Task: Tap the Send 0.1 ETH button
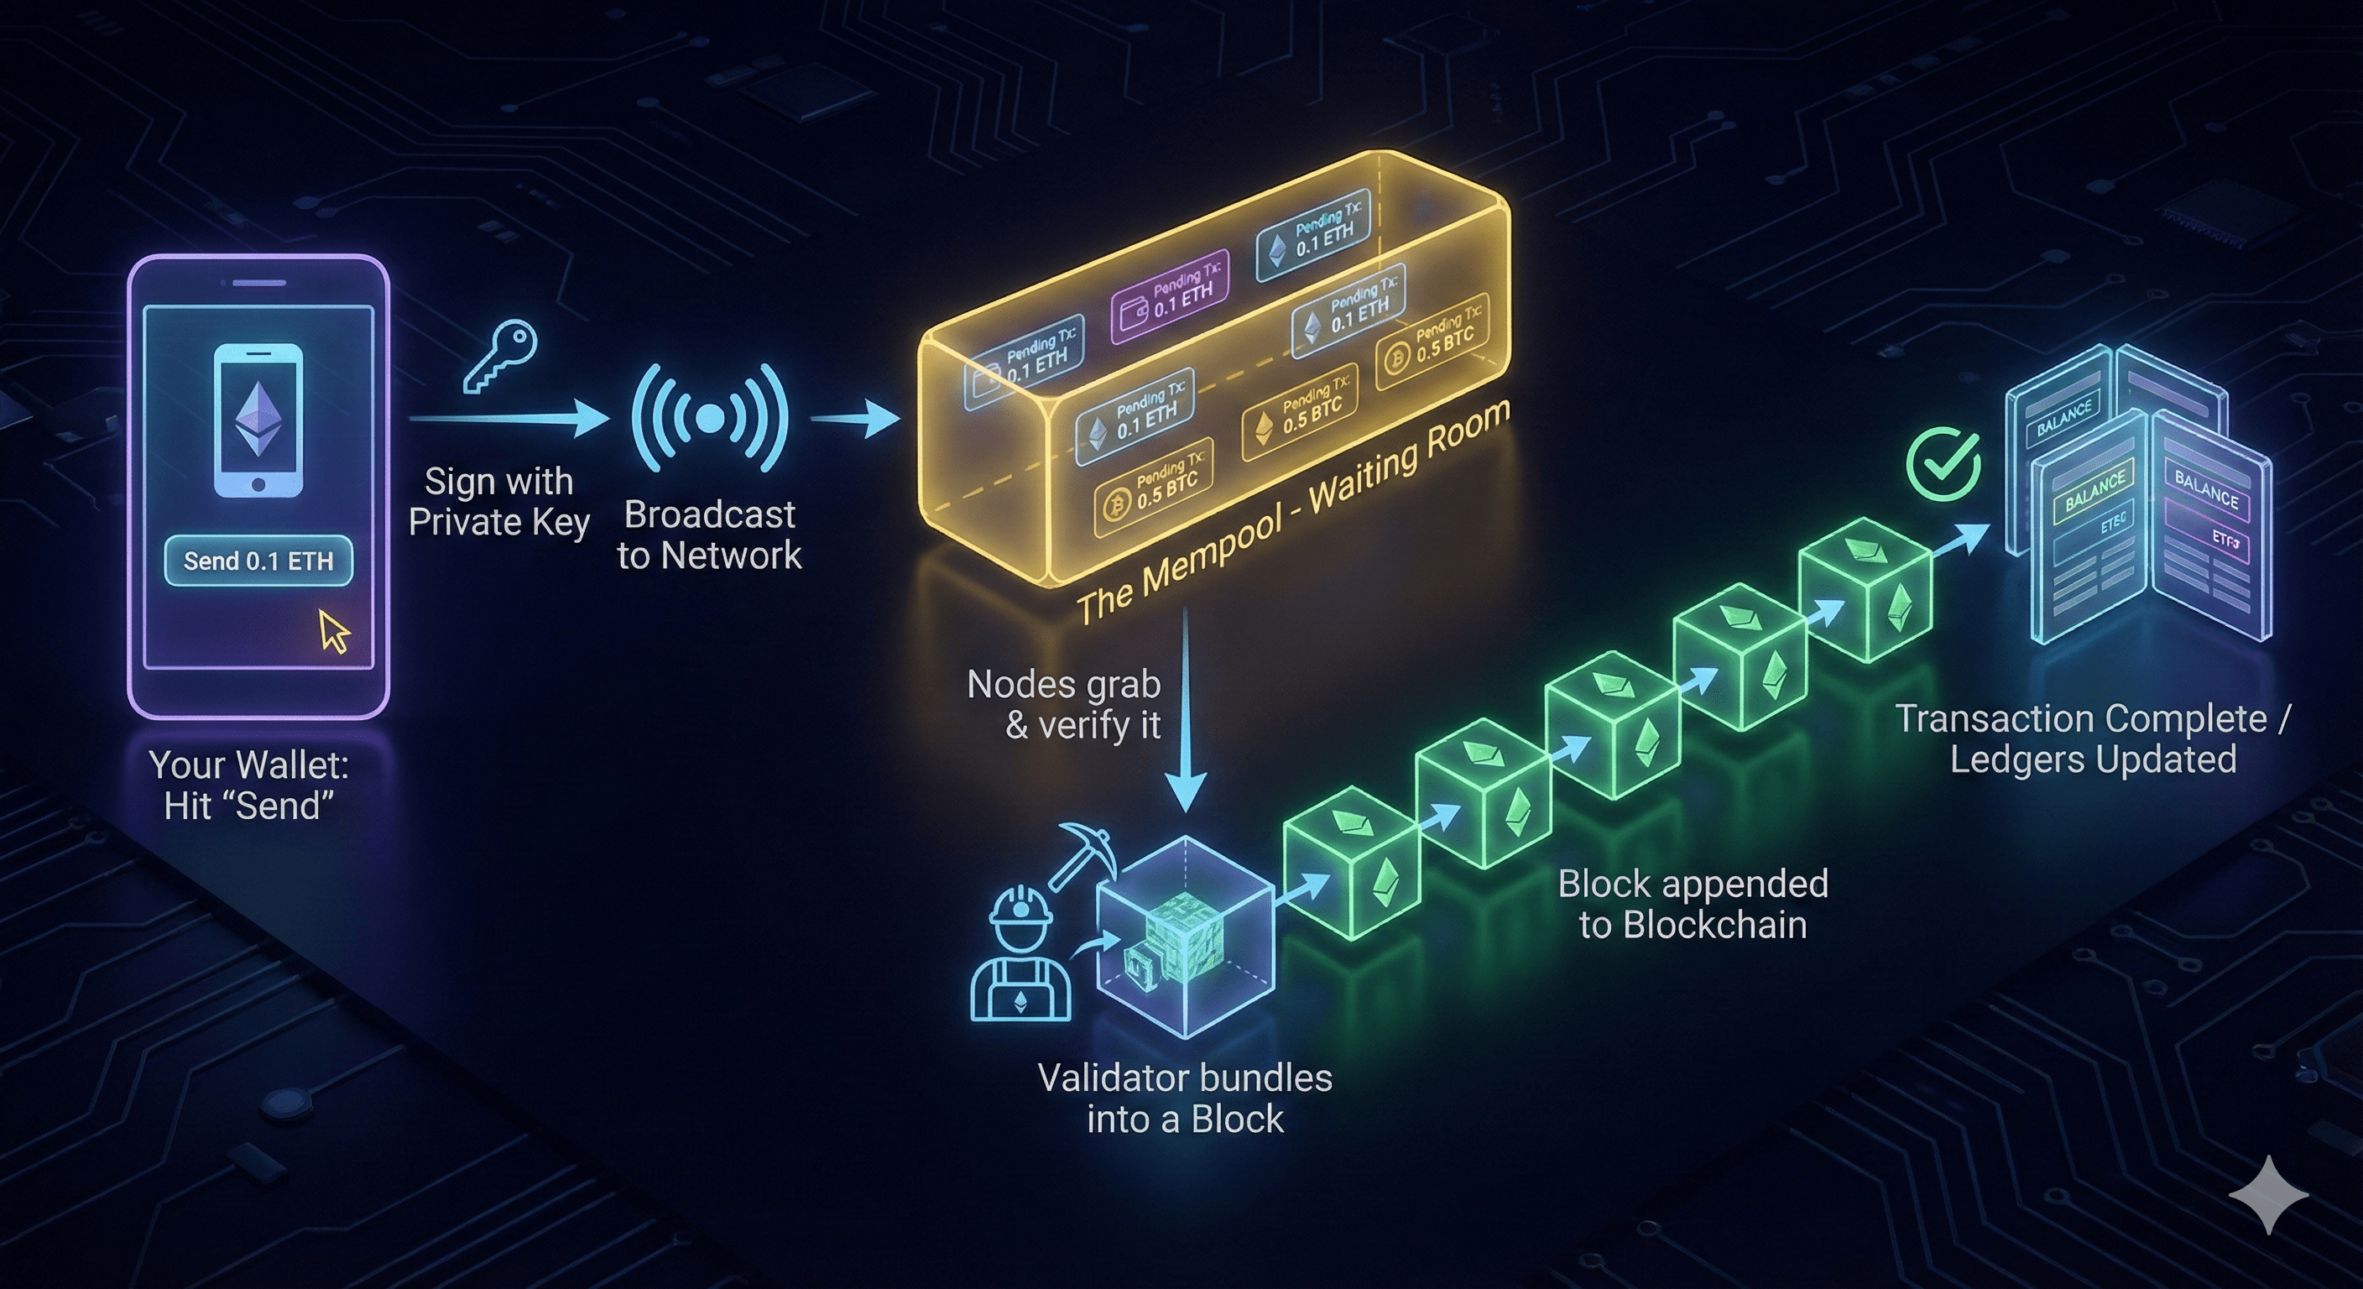[x=258, y=561]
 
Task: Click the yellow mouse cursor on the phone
[x=334, y=632]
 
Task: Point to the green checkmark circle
[x=1943, y=465]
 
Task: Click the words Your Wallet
[x=249, y=765]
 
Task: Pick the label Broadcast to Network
[x=709, y=535]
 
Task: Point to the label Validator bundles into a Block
[x=1184, y=1099]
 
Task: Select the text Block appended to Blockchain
[x=1693, y=904]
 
